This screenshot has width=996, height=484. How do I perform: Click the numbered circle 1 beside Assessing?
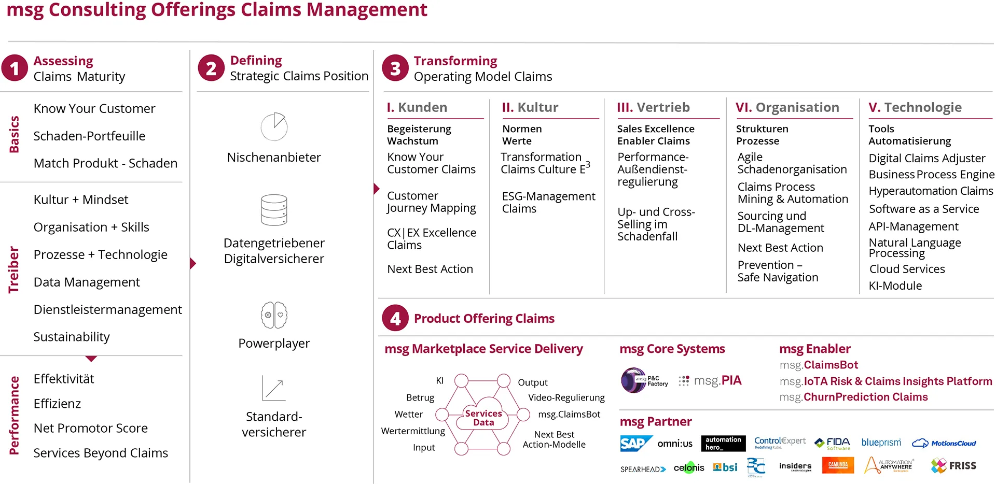15,68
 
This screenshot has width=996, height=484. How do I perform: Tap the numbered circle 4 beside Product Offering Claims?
395,318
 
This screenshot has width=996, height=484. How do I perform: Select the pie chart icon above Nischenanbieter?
274,126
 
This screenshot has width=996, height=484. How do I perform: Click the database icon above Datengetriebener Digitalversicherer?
274,210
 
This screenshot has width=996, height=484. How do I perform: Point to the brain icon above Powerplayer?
274,315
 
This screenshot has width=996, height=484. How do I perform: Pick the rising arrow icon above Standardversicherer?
274,388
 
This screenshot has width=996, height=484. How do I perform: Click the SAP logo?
635,444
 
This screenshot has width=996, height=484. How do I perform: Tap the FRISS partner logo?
953,466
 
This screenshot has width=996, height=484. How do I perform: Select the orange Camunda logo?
838,465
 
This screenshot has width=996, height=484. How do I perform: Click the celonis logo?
689,468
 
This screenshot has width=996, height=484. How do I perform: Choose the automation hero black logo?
723,444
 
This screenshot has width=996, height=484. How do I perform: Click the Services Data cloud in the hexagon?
483,415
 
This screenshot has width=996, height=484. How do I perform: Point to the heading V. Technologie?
915,107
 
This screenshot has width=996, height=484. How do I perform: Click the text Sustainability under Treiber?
72,337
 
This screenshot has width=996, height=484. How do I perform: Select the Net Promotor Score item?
91,428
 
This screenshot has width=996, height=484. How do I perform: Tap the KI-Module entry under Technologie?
896,286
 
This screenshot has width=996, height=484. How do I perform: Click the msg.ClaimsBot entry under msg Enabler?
819,365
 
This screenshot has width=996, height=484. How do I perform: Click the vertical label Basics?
14,134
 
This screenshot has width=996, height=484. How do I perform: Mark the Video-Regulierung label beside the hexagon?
566,397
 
